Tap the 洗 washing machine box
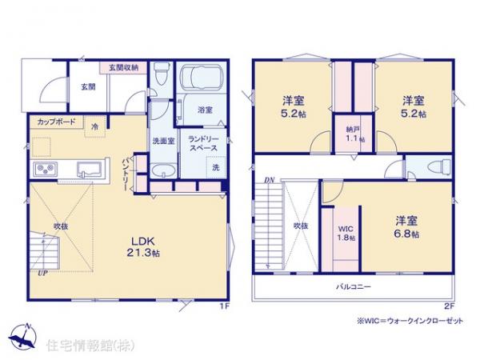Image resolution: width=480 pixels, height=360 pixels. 215,167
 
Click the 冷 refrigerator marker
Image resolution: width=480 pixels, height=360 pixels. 95,126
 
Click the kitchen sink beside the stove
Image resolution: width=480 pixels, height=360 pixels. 88,169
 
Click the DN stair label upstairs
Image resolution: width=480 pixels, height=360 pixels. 270,179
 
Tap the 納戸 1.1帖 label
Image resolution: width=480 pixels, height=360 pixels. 351,135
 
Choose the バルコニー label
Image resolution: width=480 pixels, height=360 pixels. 353,286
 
